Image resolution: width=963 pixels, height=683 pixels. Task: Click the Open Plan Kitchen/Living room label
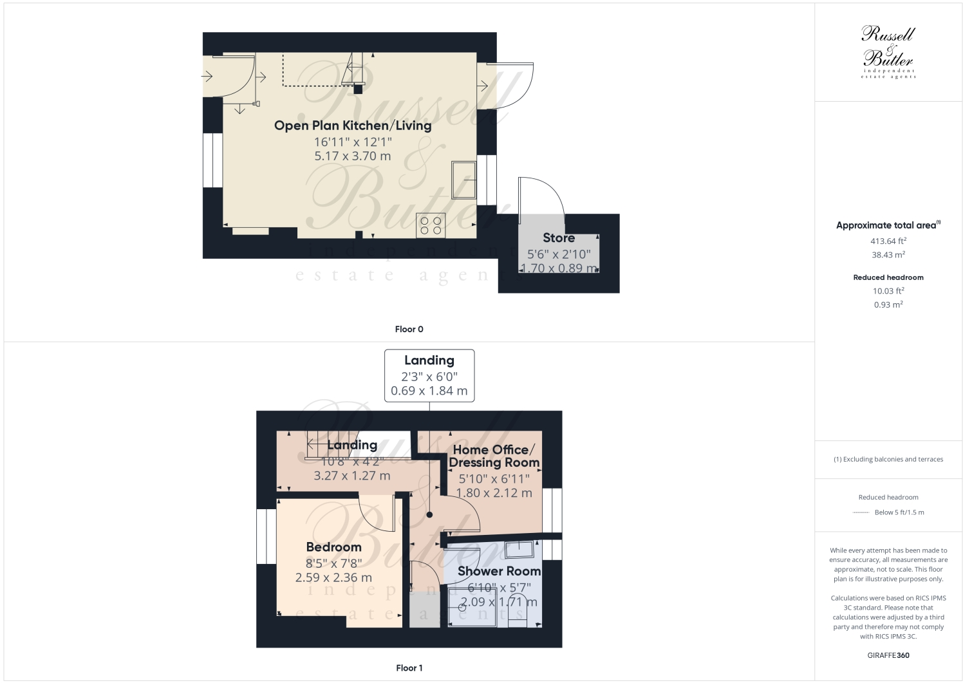click(352, 126)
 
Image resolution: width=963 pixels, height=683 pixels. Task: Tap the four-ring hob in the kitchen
click(431, 225)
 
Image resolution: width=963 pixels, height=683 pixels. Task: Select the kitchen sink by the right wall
click(463, 180)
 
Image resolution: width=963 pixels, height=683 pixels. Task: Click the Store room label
click(558, 238)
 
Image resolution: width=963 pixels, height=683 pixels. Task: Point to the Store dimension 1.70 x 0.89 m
click(558, 268)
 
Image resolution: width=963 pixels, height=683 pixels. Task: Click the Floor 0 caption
click(409, 330)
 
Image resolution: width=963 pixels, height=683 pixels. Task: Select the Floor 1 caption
click(409, 668)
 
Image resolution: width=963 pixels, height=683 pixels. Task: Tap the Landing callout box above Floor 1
click(429, 376)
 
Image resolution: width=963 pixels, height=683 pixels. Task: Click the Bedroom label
click(333, 547)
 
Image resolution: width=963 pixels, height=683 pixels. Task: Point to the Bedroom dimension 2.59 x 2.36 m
click(333, 578)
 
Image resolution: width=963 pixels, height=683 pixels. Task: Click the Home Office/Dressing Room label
click(494, 456)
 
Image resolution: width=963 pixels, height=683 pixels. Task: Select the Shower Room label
click(499, 571)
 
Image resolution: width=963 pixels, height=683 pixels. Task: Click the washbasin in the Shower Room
click(519, 549)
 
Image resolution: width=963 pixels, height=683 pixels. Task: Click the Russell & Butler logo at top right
click(888, 51)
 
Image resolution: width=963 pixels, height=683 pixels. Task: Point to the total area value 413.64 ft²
click(888, 241)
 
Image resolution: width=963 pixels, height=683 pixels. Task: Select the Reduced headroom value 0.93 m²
click(888, 305)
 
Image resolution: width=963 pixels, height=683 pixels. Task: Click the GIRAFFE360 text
click(888, 656)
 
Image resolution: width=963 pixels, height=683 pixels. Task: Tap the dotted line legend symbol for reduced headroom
click(861, 513)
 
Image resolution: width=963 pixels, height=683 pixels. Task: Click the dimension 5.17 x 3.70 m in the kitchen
click(352, 156)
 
